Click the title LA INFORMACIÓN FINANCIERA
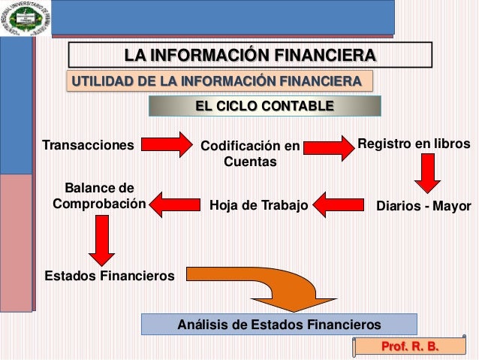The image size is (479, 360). click(251, 56)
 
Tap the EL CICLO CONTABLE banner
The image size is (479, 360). click(264, 106)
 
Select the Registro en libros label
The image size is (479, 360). click(414, 144)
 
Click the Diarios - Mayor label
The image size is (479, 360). click(423, 205)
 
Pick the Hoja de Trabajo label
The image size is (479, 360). click(258, 204)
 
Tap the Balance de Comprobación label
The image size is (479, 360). click(95, 195)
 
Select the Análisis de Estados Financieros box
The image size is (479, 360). click(279, 325)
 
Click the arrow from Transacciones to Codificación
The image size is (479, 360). click(164, 144)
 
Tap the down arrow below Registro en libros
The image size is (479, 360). click(428, 174)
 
